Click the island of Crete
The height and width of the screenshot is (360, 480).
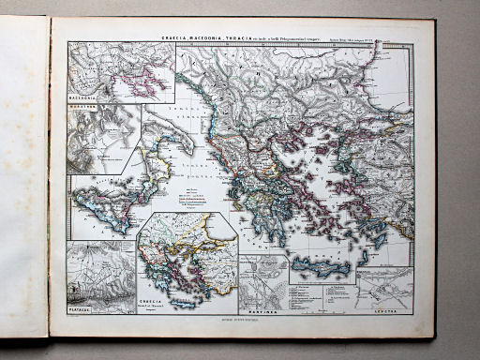pos(322,267)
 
